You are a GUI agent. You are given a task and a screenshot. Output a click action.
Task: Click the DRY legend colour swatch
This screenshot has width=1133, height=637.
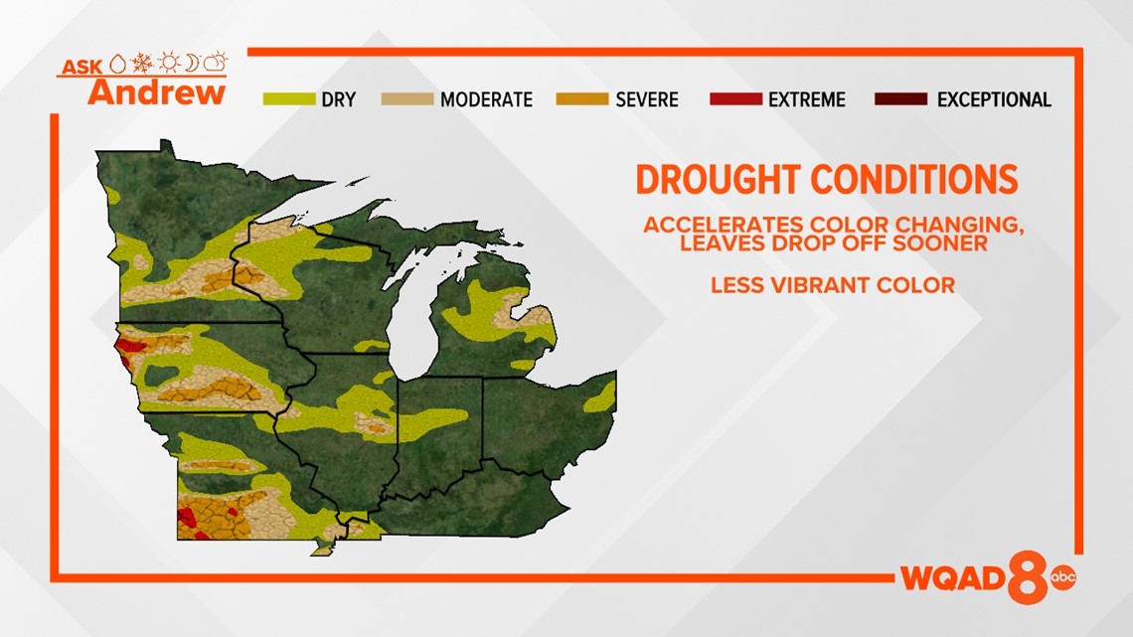[289, 99]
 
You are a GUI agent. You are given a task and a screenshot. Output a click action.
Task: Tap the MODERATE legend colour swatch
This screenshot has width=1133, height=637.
[407, 99]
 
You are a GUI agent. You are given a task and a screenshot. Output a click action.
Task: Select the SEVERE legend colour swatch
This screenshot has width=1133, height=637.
[582, 99]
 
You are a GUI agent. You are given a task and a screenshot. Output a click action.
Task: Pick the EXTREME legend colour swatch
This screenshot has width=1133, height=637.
[736, 99]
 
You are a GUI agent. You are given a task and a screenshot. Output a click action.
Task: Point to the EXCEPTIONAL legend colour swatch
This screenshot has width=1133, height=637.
[901, 99]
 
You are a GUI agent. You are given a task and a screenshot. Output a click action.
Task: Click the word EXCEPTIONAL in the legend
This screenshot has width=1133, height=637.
[994, 99]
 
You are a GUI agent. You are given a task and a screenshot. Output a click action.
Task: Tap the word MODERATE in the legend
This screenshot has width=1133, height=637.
[486, 99]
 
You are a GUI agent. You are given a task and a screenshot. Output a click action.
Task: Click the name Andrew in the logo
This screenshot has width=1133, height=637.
[157, 92]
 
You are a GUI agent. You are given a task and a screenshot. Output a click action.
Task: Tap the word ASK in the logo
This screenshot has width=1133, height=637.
[81, 68]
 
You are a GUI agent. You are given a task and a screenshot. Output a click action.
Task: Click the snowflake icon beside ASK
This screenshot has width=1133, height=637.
[141, 63]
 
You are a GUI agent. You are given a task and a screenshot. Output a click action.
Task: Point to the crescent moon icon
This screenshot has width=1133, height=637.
[192, 63]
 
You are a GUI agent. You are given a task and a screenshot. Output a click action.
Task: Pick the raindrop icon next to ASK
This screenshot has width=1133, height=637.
[118, 65]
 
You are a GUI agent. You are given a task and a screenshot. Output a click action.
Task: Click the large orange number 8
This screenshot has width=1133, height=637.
[1028, 577]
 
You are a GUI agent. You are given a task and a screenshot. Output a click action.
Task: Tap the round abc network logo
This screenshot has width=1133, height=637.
[1062, 576]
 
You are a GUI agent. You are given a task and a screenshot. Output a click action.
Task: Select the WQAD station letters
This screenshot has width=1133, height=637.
[953, 577]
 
